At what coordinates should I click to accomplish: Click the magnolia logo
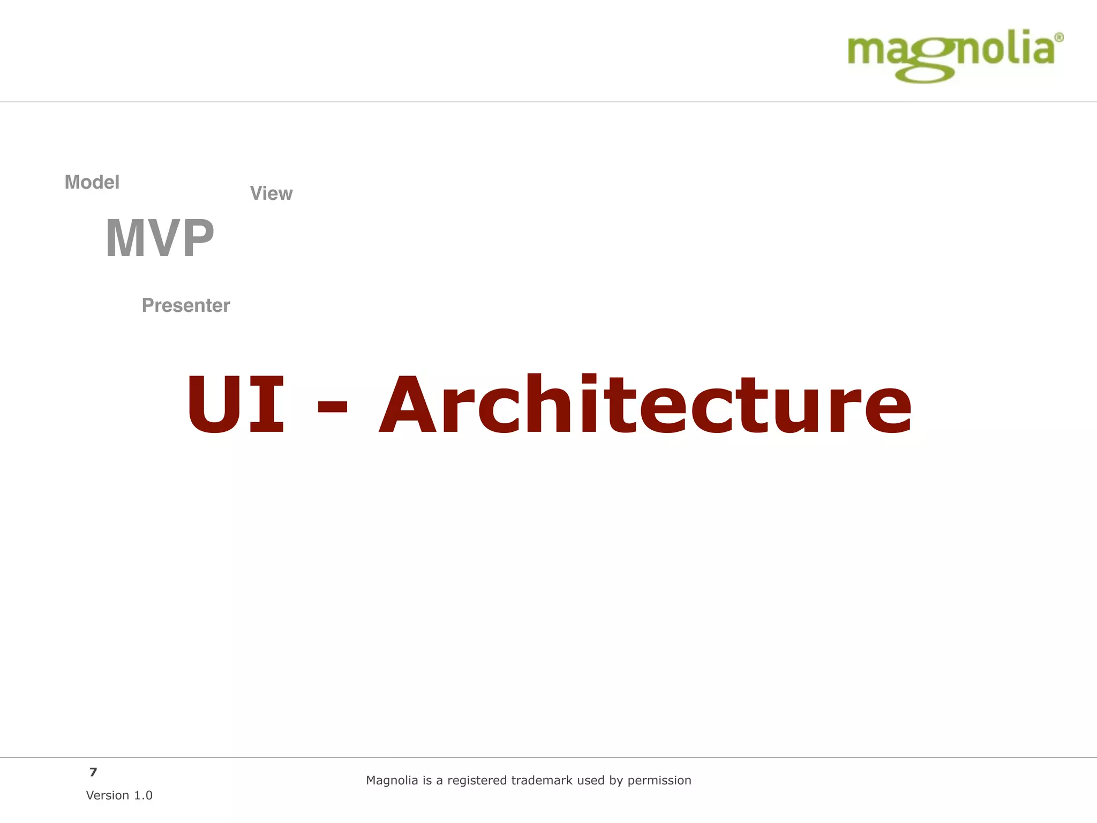951,56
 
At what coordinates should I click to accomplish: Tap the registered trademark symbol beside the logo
1058,38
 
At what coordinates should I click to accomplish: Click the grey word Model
92,182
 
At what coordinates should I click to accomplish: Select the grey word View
271,193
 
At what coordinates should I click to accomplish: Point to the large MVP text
160,238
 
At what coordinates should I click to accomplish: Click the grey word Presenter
185,305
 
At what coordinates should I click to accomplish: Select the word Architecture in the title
645,405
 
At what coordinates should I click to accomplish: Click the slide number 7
93,772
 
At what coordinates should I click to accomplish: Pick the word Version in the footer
108,795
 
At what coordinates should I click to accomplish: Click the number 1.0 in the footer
143,795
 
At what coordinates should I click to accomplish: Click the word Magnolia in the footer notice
392,780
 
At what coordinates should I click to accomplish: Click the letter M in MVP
127,238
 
